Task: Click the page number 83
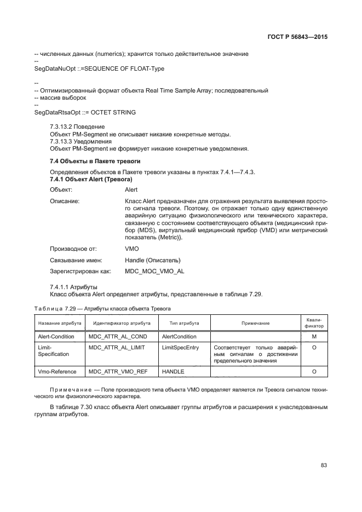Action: click(324, 465)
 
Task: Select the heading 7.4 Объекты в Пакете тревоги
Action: click(95, 162)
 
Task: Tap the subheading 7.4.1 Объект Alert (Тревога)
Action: click(91, 179)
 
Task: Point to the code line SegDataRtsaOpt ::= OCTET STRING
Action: click(85, 112)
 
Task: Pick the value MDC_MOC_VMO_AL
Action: click(154, 271)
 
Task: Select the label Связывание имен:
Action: click(75, 260)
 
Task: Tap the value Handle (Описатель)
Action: click(153, 260)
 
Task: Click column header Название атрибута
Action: click(60, 324)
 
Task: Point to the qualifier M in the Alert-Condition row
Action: click(314, 336)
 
